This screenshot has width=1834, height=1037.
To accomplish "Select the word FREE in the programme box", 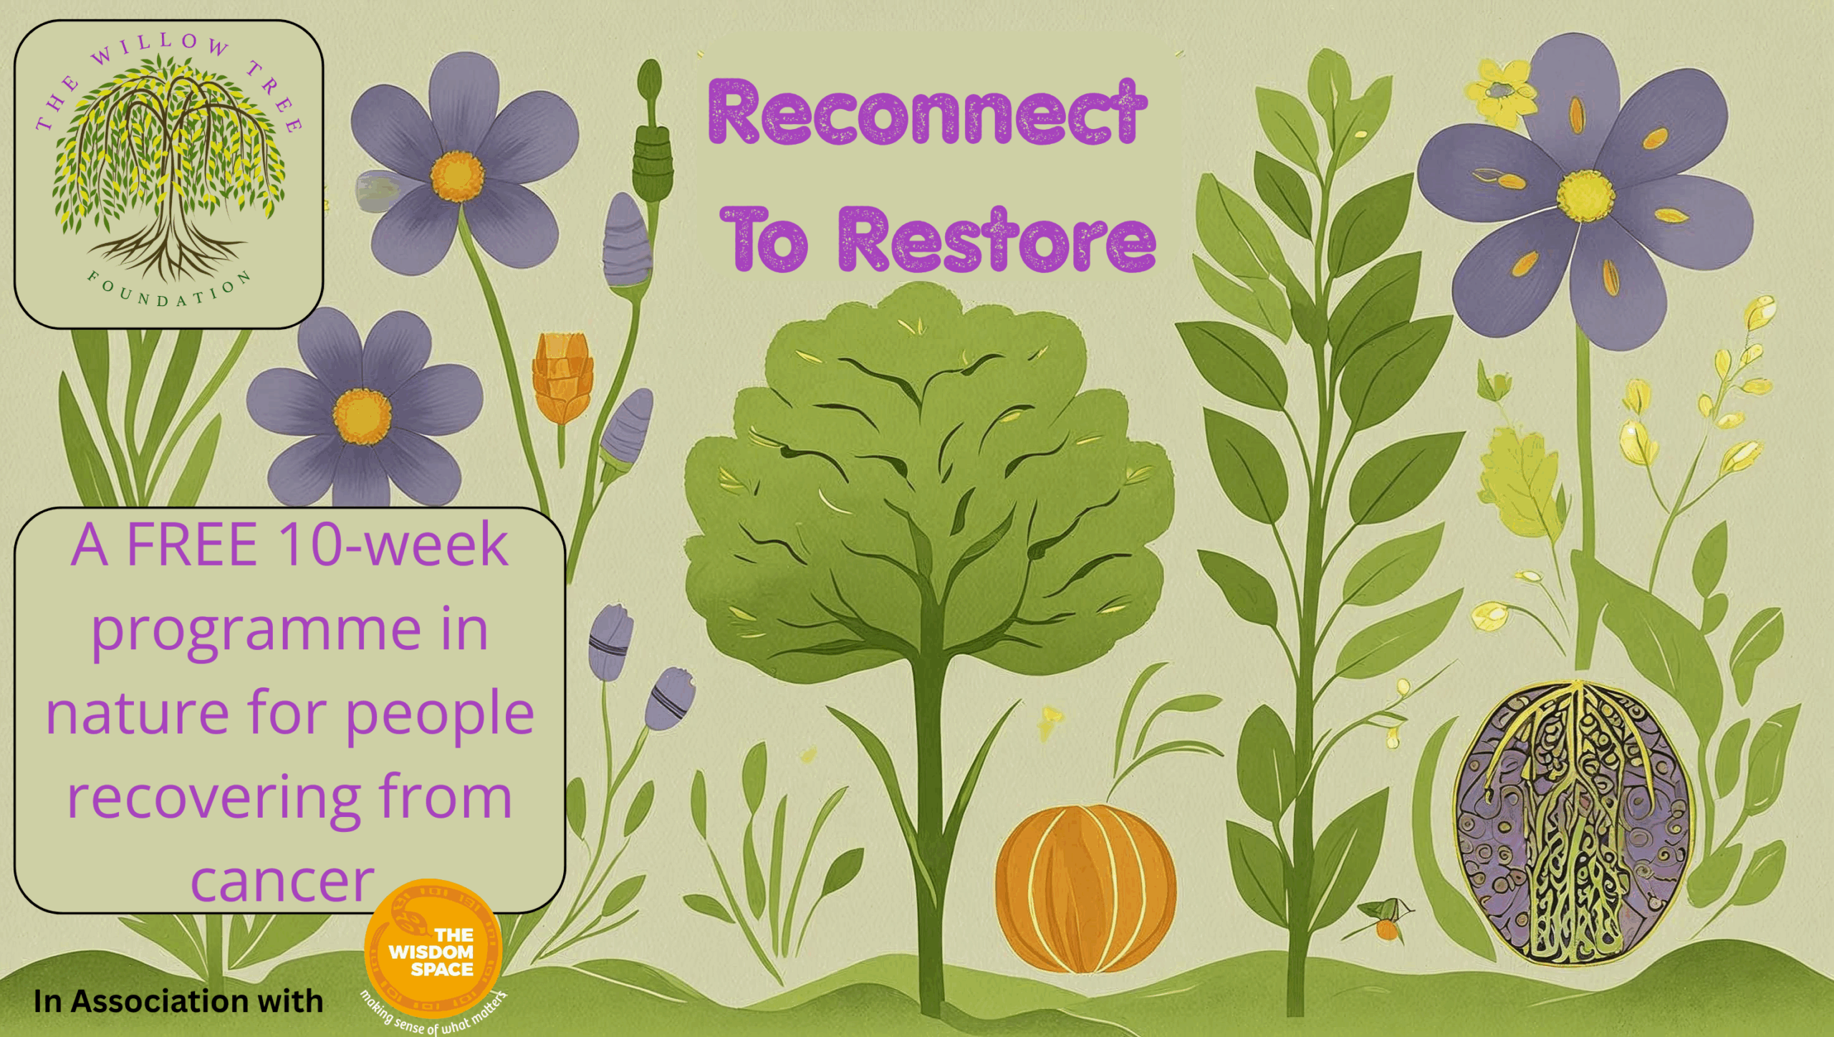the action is tap(191, 545).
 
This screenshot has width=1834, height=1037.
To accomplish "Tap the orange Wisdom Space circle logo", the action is tap(433, 948).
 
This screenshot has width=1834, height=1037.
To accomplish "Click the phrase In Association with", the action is tap(178, 1001).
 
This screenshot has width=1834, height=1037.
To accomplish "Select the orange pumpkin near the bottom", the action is tap(1085, 888).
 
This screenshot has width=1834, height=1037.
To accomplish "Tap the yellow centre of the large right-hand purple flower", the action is tap(1585, 196).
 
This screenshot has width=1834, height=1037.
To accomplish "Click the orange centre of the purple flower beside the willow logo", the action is tap(457, 176).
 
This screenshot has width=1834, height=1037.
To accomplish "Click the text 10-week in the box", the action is tap(393, 545).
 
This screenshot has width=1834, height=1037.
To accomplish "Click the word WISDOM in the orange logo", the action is tap(431, 952).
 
